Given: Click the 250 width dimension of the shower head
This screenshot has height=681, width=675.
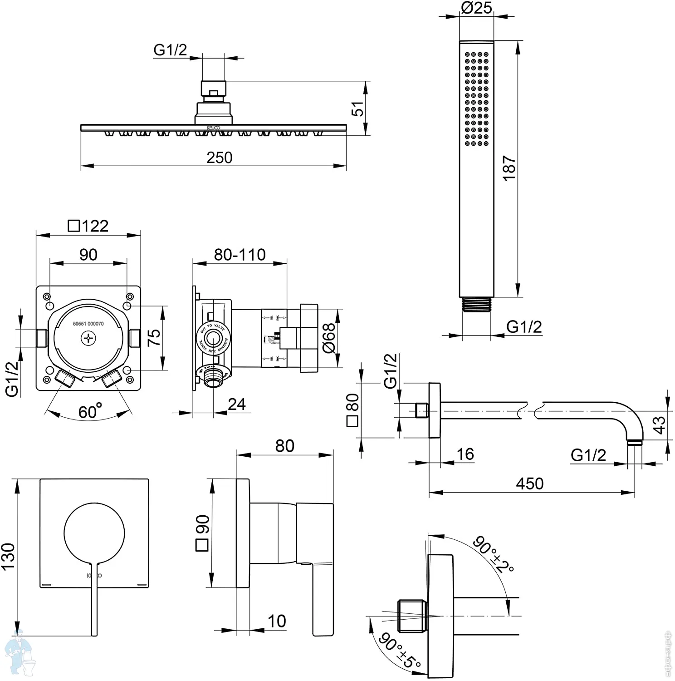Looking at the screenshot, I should coord(219,158).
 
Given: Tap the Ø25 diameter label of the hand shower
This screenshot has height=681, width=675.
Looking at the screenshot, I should coord(476,8).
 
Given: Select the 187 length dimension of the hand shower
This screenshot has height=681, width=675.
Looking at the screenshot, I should coord(509,168).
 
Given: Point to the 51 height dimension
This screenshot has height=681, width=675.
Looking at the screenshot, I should coord(357,109).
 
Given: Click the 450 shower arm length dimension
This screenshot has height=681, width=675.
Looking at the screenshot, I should coord(529,484).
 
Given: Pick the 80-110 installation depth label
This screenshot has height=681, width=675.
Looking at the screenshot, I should coord(240,255).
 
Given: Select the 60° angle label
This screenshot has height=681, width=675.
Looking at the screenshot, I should coord(89,411).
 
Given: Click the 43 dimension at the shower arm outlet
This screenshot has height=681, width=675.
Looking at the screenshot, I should coord(659,425).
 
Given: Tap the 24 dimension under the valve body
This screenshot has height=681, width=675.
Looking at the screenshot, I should coord(236,404).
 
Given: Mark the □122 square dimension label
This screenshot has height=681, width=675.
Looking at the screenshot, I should coord(88,226).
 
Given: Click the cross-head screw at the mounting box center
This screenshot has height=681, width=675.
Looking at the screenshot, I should coord(88,338).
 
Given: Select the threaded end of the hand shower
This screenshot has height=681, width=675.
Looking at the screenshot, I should coord(476,305).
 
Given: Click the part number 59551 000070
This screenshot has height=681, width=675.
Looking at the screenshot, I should coord(88,324).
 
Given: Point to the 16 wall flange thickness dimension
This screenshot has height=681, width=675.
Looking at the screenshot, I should coord(465,454).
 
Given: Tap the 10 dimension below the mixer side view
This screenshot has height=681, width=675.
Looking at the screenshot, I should coord(277,621).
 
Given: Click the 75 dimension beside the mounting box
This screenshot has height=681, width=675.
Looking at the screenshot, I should coord(154,337).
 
